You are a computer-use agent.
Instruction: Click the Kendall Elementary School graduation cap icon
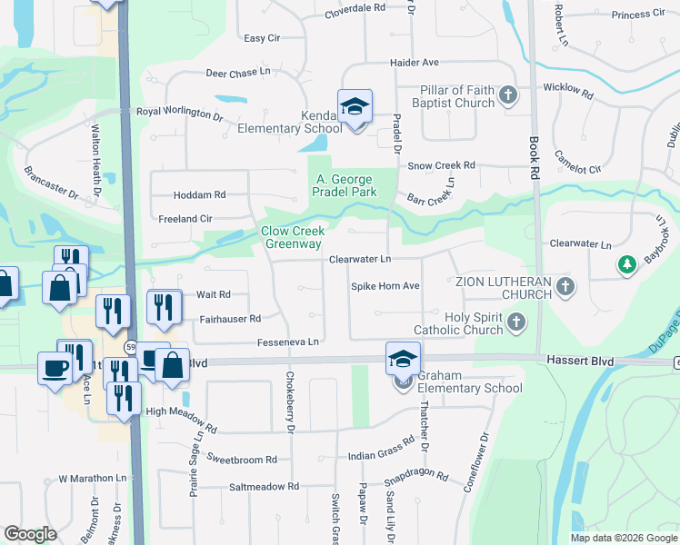355,106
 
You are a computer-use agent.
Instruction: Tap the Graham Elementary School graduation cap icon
403,358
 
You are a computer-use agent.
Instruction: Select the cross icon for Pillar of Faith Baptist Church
508,94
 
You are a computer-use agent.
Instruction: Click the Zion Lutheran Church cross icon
565,287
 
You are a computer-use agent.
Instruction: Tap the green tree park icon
626,264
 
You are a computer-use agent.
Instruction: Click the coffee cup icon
55,367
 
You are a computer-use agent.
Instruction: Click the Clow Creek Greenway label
292,238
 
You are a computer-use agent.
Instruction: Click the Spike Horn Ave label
385,286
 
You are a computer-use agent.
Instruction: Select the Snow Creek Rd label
441,165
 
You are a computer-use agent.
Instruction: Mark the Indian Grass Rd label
381,453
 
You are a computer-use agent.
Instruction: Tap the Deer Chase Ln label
238,72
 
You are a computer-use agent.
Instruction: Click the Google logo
31,534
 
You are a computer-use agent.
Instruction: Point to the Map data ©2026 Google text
623,538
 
